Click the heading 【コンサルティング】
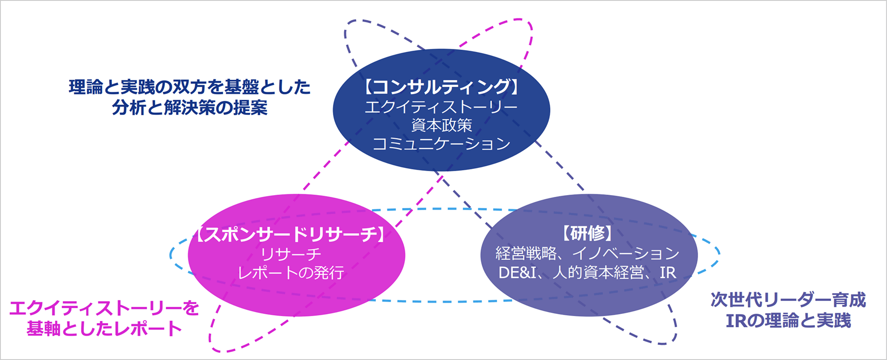[x=441, y=87]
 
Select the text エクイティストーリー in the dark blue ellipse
[x=441, y=107]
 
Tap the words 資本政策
[x=441, y=125]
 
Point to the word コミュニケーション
[x=441, y=144]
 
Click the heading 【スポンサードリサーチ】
[x=291, y=234]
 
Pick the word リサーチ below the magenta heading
[x=291, y=254]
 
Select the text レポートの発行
[x=291, y=272]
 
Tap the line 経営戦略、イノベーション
[x=588, y=253]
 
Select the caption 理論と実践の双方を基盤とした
[x=190, y=87]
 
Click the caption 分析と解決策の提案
[x=190, y=107]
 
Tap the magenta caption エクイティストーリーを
[x=104, y=308]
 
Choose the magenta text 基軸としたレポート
[x=104, y=329]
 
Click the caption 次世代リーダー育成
[x=788, y=300]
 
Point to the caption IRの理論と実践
[x=788, y=320]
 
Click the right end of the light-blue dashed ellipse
[x=719, y=254]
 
